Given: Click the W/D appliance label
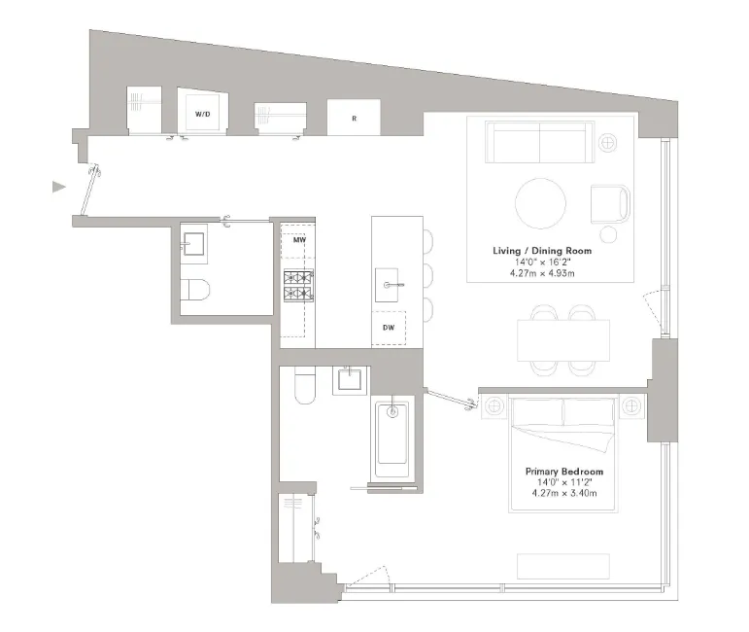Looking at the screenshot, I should (x=202, y=114).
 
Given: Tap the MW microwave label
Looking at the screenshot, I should (x=300, y=239).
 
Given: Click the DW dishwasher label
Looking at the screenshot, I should (x=388, y=329).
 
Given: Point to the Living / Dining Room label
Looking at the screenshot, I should (x=541, y=251).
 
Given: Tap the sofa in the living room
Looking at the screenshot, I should (x=540, y=143).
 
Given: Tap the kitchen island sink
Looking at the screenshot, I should (x=393, y=285).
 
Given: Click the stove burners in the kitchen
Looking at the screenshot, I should (x=297, y=283).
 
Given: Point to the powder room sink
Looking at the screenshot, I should (x=193, y=243).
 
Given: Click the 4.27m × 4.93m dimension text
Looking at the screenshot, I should (x=541, y=274).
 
